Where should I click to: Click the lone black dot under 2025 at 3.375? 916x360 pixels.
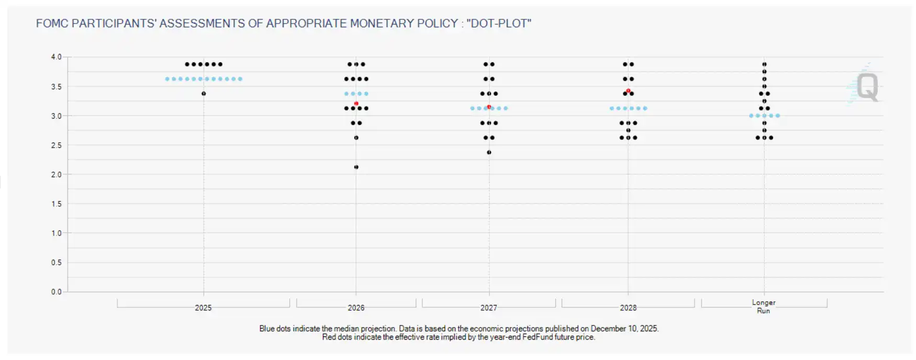204,94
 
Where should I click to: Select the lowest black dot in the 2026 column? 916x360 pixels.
356,167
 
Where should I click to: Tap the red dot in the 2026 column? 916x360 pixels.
356,104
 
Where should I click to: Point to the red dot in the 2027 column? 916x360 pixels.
489,107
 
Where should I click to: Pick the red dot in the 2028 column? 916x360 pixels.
628,91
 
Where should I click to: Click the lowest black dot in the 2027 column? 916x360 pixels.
489,152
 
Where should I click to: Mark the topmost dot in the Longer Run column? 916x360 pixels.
764,64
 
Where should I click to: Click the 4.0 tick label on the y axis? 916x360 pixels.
56,57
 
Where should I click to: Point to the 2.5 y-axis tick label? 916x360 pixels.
56,145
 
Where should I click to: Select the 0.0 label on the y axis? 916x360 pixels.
56,292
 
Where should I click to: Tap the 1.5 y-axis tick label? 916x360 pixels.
56,204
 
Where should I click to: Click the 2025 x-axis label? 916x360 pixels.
203,308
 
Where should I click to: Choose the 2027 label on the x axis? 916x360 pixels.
489,308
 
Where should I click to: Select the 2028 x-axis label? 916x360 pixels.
628,308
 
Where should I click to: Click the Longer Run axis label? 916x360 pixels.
764,307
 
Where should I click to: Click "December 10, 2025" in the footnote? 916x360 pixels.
624,329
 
